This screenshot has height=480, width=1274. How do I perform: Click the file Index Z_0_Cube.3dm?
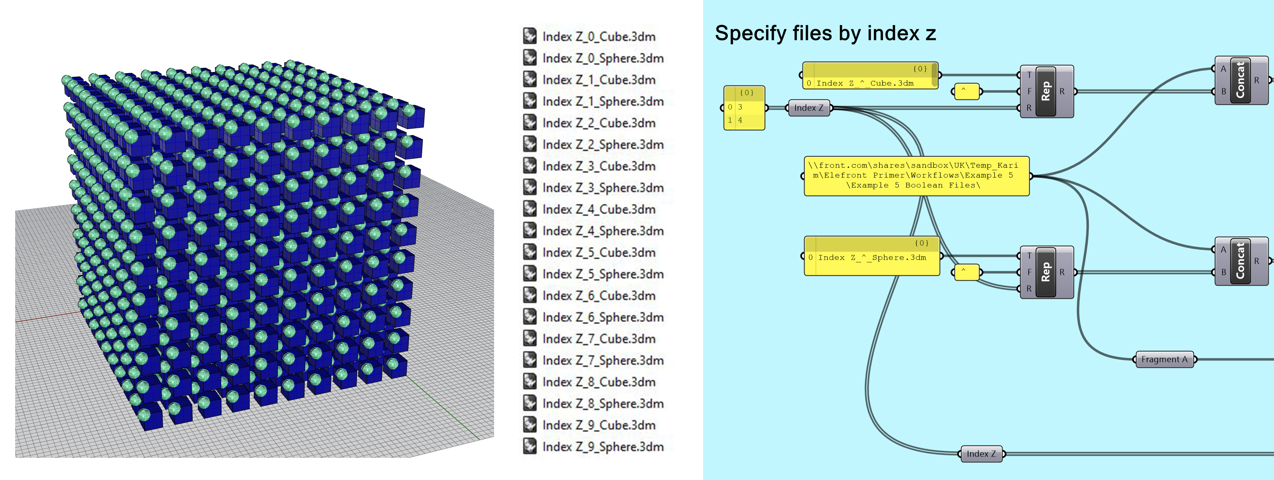598,37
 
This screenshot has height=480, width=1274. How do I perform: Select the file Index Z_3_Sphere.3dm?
603,188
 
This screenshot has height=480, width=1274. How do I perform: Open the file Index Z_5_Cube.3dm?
598,253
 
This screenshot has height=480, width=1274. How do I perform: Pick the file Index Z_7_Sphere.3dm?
603,361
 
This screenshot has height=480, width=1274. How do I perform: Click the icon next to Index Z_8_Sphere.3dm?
530,403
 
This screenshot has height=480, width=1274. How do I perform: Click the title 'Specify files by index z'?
825,34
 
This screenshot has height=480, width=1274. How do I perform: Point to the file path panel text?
916,175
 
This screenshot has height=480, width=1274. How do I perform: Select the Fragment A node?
1164,360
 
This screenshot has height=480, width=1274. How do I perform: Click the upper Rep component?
1046,92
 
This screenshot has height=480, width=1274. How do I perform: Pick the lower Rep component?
1046,272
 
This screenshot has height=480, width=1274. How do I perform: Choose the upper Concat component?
1240,81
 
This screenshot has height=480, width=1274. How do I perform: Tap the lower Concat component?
1240,261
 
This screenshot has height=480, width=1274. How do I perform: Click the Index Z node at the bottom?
981,454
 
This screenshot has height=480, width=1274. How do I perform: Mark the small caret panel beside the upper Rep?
966,92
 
